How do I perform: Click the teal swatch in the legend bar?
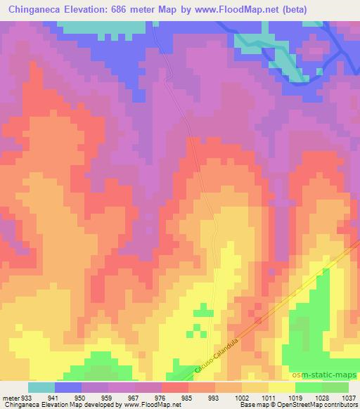pyautogui.click(x=41, y=387)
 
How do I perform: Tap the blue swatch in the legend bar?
pyautogui.click(x=68, y=387)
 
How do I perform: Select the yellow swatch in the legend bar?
pyautogui.click(x=282, y=387)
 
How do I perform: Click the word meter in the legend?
pyautogui.click(x=9, y=397)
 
